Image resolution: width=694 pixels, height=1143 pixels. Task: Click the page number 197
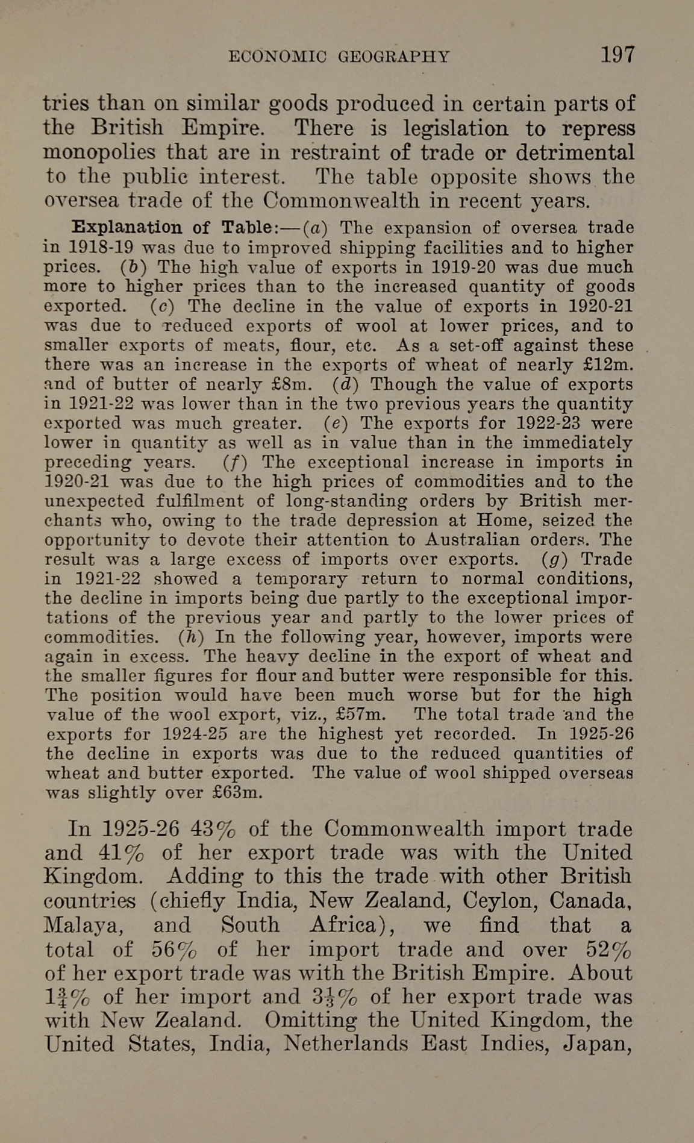tap(617, 55)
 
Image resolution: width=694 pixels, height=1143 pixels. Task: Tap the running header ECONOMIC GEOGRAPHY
tap(339, 57)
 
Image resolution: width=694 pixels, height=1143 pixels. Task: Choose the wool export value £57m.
tap(361, 715)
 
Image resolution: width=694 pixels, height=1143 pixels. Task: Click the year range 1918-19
tap(100, 248)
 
